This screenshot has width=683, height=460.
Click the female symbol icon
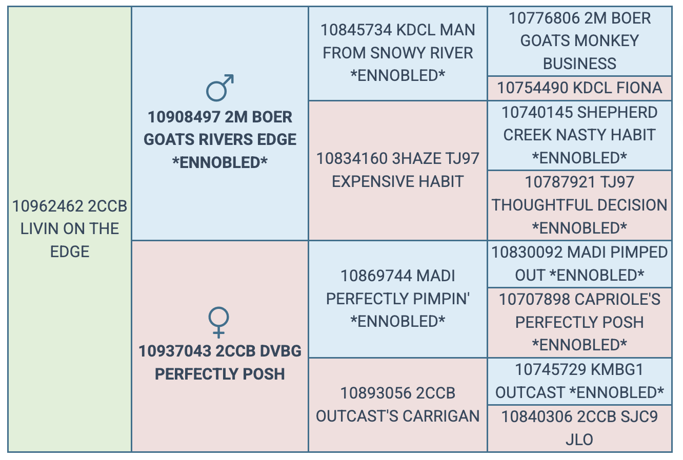coord(218,322)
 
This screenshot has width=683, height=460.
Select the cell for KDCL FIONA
coord(579,88)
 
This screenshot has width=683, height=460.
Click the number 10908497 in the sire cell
coord(184,117)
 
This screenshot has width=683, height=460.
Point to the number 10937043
coord(175,351)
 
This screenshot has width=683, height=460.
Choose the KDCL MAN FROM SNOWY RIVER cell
coord(397,53)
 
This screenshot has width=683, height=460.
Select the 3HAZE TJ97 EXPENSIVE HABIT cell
coord(397,171)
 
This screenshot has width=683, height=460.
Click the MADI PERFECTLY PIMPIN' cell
coord(397,299)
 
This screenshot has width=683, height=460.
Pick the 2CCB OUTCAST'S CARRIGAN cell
coord(397,405)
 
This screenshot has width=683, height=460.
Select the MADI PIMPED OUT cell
coord(579,264)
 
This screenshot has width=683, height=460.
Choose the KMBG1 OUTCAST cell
coord(579,382)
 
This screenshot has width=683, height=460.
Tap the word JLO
coord(579,440)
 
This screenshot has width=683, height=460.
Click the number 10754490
coord(533,88)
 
